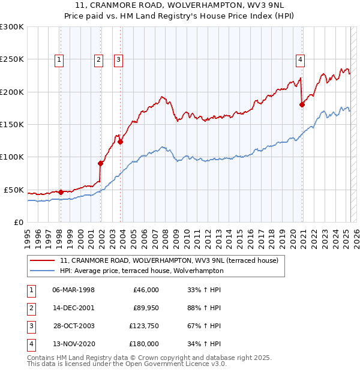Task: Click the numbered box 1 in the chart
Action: tap(60, 59)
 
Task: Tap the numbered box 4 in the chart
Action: tap(299, 59)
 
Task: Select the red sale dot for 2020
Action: tap(302, 105)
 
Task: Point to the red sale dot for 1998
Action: tap(61, 192)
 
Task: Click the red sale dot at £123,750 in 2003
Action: tap(121, 142)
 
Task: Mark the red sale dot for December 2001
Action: tap(101, 163)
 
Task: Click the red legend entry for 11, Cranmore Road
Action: tap(169, 261)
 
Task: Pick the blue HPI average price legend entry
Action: tap(142, 271)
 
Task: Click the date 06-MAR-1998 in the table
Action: tap(73, 290)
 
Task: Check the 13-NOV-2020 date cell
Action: tap(73, 344)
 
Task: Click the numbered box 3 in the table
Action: tap(31, 326)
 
